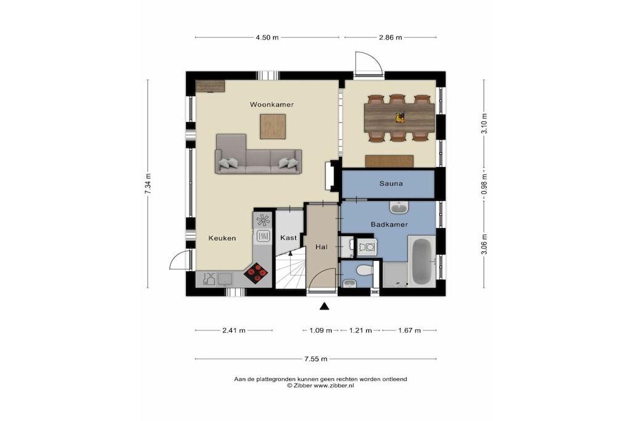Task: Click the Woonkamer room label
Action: (272, 105)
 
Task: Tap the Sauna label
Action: (391, 184)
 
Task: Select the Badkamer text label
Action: (389, 224)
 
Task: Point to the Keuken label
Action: (222, 239)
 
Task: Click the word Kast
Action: (288, 238)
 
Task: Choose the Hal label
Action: (322, 247)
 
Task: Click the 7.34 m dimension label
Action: (148, 184)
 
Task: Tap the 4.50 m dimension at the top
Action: (267, 38)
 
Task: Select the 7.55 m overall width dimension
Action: (316, 359)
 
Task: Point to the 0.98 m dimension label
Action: (484, 184)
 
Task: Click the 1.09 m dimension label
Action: (320, 330)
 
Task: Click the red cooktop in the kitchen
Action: (257, 273)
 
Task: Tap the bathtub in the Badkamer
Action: (421, 261)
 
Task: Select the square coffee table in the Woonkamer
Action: (273, 126)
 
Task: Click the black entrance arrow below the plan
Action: (324, 307)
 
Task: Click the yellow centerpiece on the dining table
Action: (399, 117)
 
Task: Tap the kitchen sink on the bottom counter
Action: (225, 279)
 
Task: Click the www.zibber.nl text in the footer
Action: (334, 385)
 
